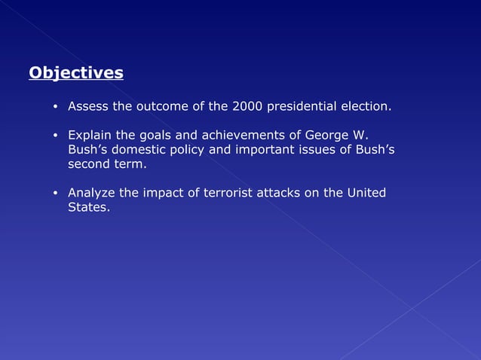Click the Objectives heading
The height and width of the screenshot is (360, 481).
click(x=75, y=73)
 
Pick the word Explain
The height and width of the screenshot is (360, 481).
click(x=89, y=136)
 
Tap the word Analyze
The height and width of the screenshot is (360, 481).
click(x=91, y=193)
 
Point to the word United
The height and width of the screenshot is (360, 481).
click(x=366, y=193)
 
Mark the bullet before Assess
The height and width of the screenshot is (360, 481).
click(x=56, y=108)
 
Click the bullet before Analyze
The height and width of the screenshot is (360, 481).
click(x=56, y=194)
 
